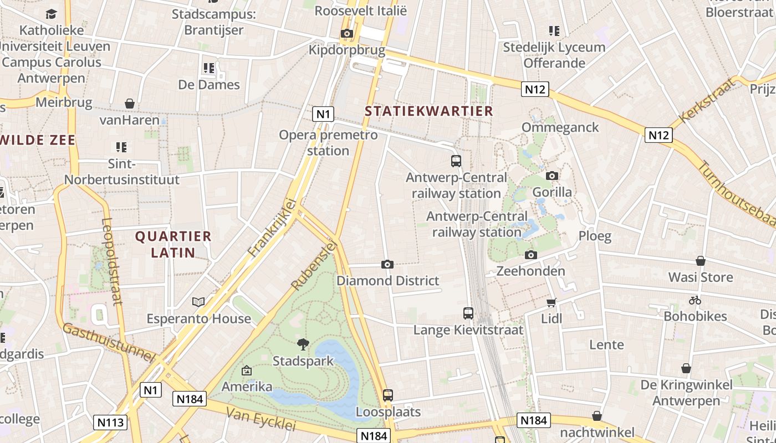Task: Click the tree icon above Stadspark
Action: pos(303,344)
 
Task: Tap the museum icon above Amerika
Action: pos(247,370)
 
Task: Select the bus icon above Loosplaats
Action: pos(388,395)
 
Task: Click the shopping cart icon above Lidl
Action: pos(552,302)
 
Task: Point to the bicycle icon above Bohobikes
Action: pos(695,300)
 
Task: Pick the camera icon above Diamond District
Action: pos(387,264)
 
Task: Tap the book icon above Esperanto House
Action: pos(198,302)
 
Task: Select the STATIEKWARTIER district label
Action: pos(428,111)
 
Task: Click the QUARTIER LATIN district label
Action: pos(173,244)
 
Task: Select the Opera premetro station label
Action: pos(328,142)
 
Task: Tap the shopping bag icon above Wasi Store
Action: pos(701,261)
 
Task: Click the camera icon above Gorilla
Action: pos(552,176)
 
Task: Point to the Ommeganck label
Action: pos(560,127)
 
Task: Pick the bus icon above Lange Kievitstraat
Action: pos(468,313)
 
